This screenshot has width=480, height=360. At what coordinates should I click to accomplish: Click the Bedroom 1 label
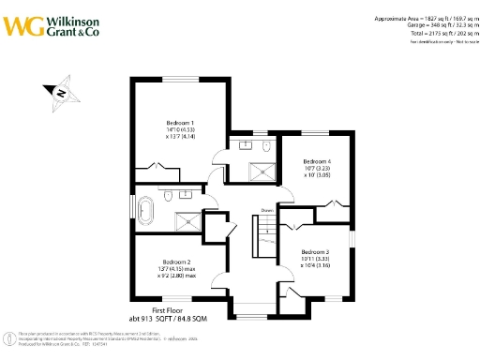click(180, 123)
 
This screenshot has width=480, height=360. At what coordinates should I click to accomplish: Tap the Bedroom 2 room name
click(176, 262)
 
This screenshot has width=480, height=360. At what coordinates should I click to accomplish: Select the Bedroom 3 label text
click(315, 252)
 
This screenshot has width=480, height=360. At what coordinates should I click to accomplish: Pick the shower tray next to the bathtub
click(187, 221)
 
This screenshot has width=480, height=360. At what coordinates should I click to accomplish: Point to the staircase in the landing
click(265, 235)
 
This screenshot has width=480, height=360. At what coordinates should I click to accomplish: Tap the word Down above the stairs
click(266, 210)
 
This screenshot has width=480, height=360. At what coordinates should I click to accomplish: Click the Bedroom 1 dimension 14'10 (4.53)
click(180, 129)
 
